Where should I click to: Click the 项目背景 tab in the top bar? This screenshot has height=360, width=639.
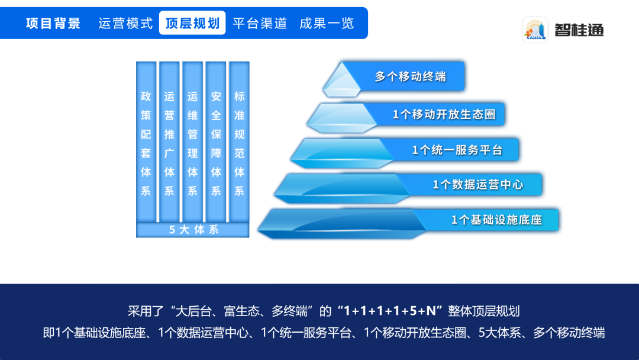point(53,23)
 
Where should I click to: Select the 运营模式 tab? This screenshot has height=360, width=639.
point(125,23)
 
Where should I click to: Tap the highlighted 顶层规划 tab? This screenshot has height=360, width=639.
point(192,23)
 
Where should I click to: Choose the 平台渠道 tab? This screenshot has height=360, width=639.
point(260,23)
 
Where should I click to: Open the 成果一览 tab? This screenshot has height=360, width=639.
point(327,23)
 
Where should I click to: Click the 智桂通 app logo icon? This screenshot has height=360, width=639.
point(535,30)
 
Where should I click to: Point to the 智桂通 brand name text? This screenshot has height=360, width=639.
point(579,30)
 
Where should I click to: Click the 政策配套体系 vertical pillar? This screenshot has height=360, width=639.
point(146,142)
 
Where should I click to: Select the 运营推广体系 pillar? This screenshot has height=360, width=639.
point(169,142)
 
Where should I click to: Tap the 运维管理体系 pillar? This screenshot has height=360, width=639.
point(192,142)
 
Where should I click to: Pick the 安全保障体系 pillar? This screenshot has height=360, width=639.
point(216,142)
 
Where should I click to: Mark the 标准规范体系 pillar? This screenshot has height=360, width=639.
point(239,142)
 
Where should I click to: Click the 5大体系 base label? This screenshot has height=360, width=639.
point(193,230)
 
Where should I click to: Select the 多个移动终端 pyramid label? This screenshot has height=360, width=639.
point(411,76)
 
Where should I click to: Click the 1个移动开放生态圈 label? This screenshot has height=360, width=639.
point(444,114)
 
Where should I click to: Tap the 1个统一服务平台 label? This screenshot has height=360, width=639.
point(457,150)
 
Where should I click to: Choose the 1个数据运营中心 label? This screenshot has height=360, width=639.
point(477,185)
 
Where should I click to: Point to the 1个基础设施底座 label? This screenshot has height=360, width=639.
point(496,220)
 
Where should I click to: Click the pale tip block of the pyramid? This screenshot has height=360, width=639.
point(342,81)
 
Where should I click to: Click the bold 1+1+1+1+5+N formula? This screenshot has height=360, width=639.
point(390,311)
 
